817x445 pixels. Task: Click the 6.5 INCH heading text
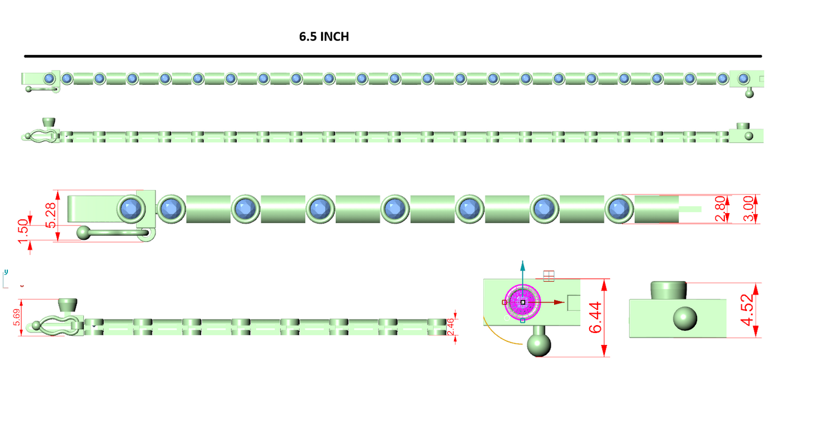pyautogui.click(x=324, y=37)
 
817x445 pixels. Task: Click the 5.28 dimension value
pyautogui.click(x=51, y=215)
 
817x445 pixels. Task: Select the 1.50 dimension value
pyautogui.click(x=23, y=231)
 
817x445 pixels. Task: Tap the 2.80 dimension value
pyautogui.click(x=720, y=209)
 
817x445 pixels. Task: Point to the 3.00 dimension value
pyautogui.click(x=749, y=209)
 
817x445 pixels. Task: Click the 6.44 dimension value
pyautogui.click(x=595, y=317)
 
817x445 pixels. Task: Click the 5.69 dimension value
pyautogui.click(x=16, y=317)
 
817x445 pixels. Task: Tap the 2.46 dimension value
pyautogui.click(x=451, y=327)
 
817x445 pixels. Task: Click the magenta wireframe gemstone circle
pyautogui.click(x=522, y=303)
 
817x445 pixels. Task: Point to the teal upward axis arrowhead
pyautogui.click(x=522, y=266)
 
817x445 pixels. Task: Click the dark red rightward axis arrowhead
pyautogui.click(x=559, y=303)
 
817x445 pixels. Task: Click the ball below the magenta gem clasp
pyautogui.click(x=539, y=345)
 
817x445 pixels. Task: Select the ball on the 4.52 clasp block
pyautogui.click(x=685, y=318)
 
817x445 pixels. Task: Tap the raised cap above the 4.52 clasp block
pyautogui.click(x=668, y=290)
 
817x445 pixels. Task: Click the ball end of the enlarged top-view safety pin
pyautogui.click(x=84, y=233)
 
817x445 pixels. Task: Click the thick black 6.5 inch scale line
pyautogui.click(x=393, y=56)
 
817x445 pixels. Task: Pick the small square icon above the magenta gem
pyautogui.click(x=548, y=276)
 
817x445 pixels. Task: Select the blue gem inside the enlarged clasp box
pyautogui.click(x=131, y=209)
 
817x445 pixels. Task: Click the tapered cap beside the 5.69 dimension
pyautogui.click(x=67, y=305)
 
